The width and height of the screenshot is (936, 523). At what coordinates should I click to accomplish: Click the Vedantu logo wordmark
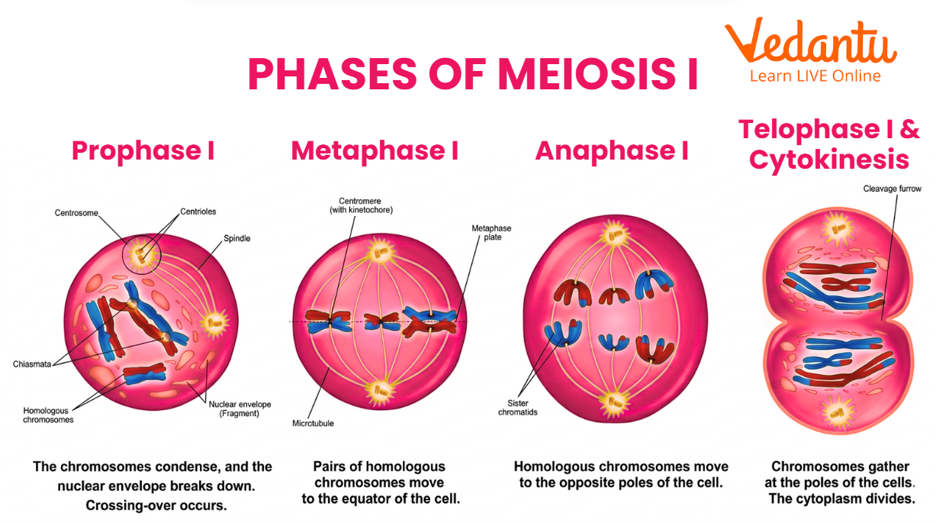pyautogui.click(x=811, y=43)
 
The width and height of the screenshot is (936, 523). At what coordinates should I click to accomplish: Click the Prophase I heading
pyautogui.click(x=143, y=150)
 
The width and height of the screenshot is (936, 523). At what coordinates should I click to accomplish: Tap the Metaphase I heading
pyautogui.click(x=375, y=150)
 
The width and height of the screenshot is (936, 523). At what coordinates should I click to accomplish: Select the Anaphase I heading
pyautogui.click(x=612, y=150)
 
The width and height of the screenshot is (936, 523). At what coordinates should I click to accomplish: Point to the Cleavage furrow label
pyautogui.click(x=892, y=188)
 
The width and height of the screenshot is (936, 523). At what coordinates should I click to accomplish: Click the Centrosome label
pyautogui.click(x=76, y=213)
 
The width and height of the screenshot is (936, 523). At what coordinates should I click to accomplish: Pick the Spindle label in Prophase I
pyautogui.click(x=237, y=238)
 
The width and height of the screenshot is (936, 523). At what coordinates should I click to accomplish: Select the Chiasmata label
pyautogui.click(x=32, y=364)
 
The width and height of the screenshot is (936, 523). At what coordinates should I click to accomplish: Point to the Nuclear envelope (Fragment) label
pyautogui.click(x=240, y=409)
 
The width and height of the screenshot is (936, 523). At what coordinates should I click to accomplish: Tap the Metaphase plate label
pyautogui.click(x=491, y=232)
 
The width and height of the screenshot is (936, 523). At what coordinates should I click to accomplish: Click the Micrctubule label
pyautogui.click(x=313, y=423)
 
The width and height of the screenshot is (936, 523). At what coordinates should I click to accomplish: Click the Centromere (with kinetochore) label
pyautogui.click(x=361, y=205)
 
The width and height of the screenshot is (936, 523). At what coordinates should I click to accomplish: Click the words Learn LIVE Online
pyautogui.click(x=815, y=76)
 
